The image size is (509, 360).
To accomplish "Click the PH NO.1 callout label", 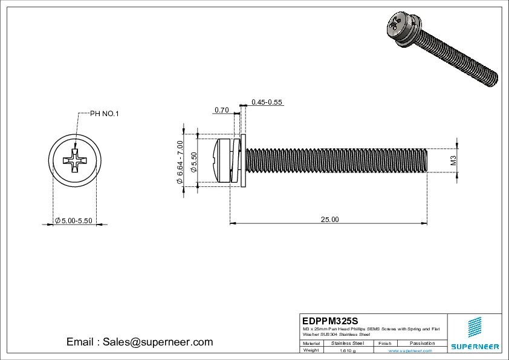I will [105, 114].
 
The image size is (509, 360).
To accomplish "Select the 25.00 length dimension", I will [329, 220].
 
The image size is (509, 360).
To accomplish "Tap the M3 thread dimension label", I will [453, 160].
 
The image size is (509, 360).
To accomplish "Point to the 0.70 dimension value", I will [222, 110].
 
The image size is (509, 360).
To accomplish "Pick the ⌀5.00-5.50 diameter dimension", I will [73, 221].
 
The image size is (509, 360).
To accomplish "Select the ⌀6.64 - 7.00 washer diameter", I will [180, 162].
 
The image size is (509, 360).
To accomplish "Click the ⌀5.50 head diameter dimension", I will [193, 162].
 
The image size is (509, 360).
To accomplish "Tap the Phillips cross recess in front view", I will [75, 161].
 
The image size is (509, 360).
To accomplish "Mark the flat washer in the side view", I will [243, 160].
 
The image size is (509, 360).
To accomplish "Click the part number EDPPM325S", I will [329, 320].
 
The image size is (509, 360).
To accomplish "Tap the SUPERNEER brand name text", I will [475, 347].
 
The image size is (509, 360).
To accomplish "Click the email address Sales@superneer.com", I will [140, 342].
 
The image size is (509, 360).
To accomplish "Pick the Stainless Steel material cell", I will [348, 343].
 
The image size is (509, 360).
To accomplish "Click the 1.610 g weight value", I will [348, 350].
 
